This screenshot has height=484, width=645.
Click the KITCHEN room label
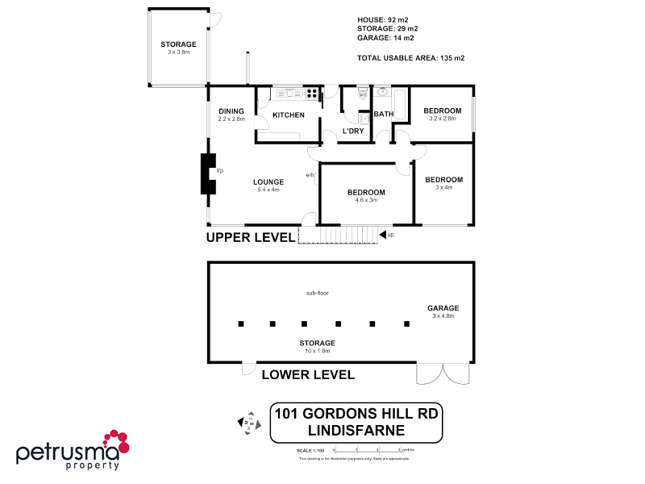[288, 115]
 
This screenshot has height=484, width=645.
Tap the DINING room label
[231, 111]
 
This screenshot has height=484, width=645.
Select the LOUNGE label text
[268, 182]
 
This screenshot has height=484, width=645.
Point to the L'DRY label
[352, 131]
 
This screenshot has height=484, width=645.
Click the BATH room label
[383, 115]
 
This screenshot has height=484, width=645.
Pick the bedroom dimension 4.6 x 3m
[366, 200]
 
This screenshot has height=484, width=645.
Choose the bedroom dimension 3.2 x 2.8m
[443, 119]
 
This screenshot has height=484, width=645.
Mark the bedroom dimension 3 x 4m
[443, 187]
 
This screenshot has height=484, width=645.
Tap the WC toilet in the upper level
[363, 94]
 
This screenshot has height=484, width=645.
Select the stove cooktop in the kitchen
[310, 93]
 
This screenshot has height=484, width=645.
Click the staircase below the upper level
[339, 235]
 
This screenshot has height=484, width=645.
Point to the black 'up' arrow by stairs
[382, 235]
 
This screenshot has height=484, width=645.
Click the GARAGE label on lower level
[443, 308]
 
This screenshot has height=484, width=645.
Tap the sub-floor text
[317, 293]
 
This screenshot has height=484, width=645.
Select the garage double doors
[442, 373]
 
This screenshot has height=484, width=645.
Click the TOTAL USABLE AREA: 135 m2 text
[410, 58]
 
